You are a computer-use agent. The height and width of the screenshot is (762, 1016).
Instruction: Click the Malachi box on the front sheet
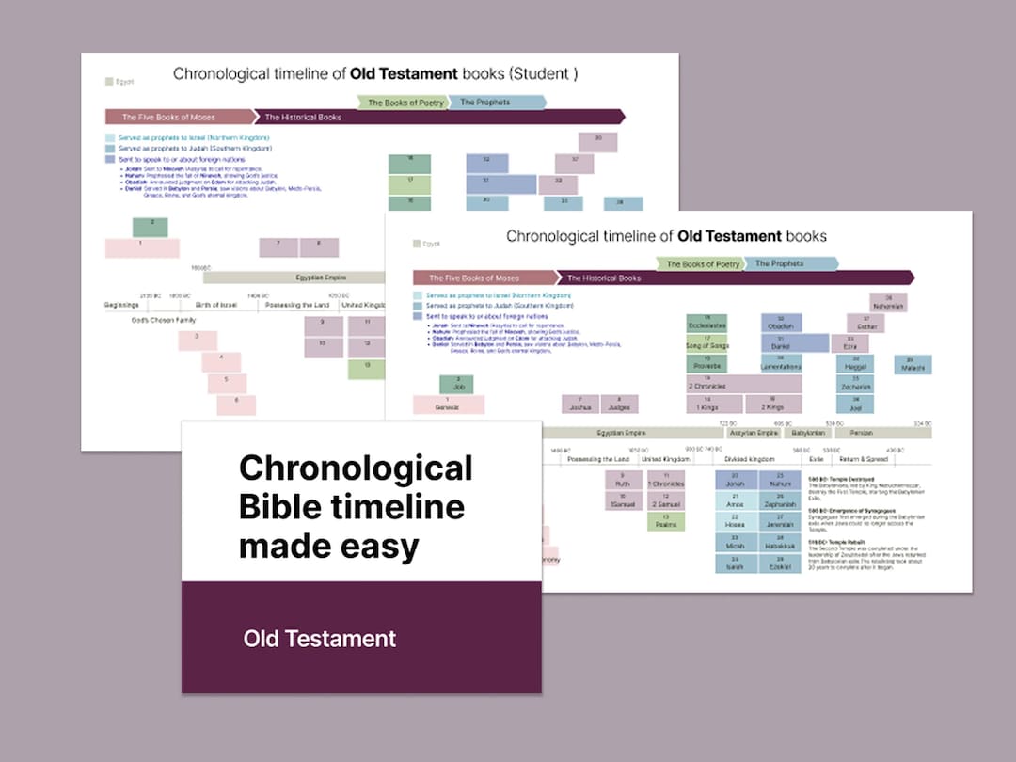912,364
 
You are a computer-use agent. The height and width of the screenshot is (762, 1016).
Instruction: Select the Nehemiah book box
887,303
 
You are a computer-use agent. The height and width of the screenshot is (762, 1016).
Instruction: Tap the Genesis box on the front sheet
449,405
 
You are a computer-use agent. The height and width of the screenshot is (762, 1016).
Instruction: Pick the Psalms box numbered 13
665,522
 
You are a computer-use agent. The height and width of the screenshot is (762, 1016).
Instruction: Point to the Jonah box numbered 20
735,480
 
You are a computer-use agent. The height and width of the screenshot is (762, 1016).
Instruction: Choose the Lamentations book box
781,364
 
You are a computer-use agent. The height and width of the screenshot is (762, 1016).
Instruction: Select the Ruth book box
623,480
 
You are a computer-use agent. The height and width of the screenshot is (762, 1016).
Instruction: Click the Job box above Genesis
458,384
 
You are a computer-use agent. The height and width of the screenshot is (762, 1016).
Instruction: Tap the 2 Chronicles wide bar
744,384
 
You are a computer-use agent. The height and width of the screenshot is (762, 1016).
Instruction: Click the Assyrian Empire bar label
754,433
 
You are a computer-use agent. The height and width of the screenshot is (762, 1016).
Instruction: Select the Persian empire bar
861,433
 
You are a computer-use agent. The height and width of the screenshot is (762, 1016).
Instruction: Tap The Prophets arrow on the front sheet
782,264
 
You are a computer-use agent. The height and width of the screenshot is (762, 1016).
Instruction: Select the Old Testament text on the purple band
319,639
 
